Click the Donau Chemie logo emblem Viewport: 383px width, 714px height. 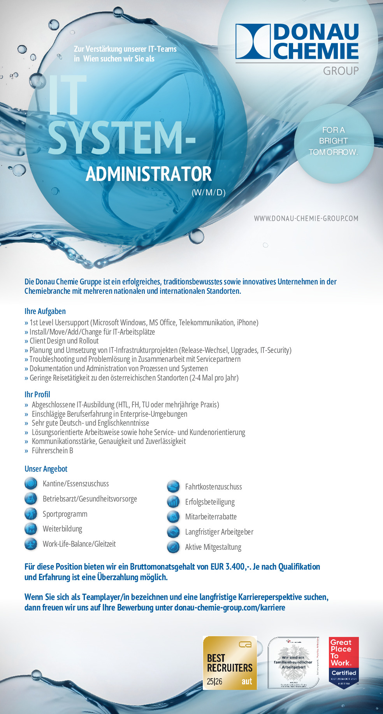253,42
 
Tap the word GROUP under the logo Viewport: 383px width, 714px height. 341,71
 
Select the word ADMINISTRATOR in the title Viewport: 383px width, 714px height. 149,174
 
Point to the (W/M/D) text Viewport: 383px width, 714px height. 209,192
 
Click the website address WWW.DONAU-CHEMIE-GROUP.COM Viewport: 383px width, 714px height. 306,218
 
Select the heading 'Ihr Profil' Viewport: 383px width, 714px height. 37,395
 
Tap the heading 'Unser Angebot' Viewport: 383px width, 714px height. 46,469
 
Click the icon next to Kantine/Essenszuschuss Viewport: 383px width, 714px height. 31,484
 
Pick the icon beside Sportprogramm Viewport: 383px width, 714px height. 31,514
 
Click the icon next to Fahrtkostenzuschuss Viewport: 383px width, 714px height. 173,487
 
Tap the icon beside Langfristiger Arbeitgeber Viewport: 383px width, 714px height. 173,532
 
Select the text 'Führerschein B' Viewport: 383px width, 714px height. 53,451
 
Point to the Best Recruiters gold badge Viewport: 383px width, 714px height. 230,663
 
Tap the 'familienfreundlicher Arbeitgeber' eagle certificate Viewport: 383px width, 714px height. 293,663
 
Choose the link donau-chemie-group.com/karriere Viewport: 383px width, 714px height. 230,607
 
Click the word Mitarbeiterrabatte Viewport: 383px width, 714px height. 211,517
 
